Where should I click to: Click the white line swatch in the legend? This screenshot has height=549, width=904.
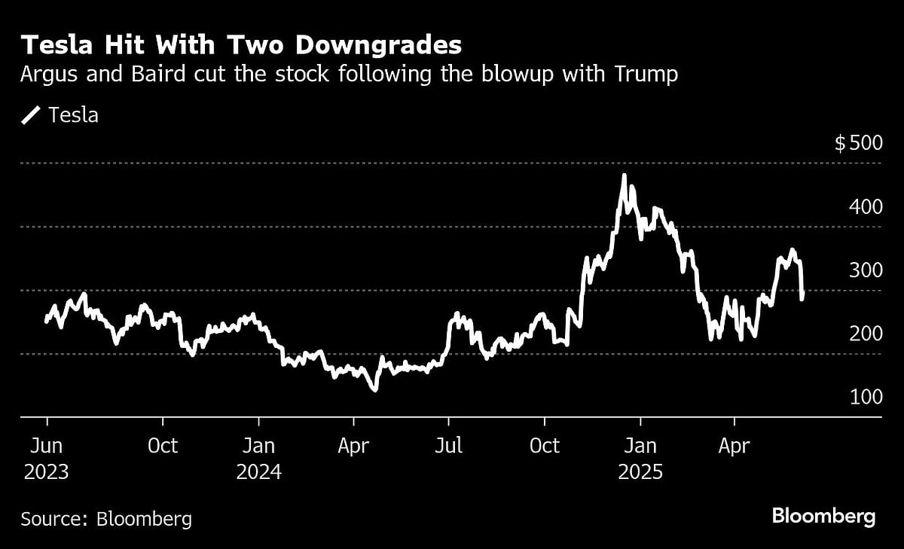point(32,115)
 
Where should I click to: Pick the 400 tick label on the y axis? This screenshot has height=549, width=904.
point(866,206)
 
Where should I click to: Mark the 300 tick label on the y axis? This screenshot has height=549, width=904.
point(866,270)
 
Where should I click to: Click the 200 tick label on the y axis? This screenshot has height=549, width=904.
point(866,333)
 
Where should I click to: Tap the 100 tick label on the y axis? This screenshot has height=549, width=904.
point(866,396)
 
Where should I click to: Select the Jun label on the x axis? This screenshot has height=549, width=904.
point(46,446)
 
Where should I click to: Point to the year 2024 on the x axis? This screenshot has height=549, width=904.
point(259,472)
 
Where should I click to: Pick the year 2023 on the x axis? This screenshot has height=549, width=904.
point(46,472)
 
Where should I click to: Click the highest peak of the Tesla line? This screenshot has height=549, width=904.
point(624,176)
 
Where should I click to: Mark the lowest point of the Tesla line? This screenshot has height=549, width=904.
point(374,389)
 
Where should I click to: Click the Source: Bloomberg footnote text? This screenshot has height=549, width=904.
point(106,519)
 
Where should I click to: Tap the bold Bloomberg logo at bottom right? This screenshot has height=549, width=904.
point(823,517)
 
